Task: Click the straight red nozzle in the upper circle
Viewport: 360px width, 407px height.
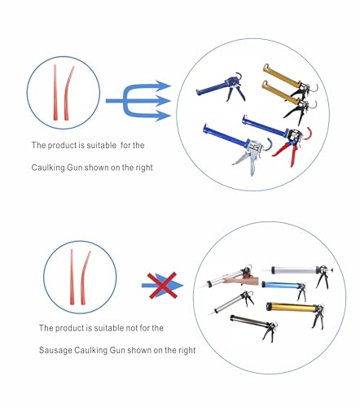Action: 55,92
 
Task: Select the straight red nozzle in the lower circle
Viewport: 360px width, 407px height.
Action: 72,277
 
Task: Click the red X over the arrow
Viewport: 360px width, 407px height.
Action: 162,286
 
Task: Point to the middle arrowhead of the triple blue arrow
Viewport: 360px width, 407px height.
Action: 163,101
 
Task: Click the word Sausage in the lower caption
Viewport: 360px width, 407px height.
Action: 55,350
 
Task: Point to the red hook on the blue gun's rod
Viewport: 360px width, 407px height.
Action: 308,133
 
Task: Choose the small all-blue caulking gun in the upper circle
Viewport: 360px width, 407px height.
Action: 221,87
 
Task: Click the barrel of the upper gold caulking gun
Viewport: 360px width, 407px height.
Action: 281,76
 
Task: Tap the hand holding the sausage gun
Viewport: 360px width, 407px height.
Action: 242,281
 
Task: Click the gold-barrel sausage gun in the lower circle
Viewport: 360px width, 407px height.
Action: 296,312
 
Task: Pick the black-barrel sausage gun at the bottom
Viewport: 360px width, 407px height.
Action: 253,326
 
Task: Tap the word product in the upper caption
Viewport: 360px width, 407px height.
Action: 62,146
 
